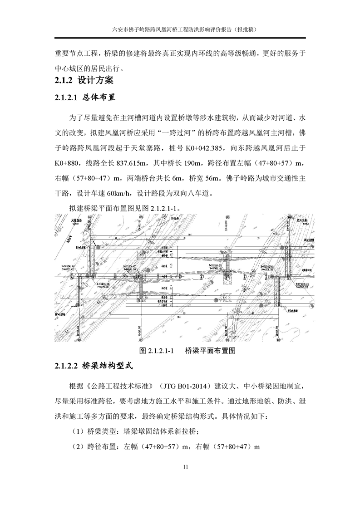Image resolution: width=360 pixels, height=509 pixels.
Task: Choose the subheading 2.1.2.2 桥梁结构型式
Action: click(94, 366)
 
